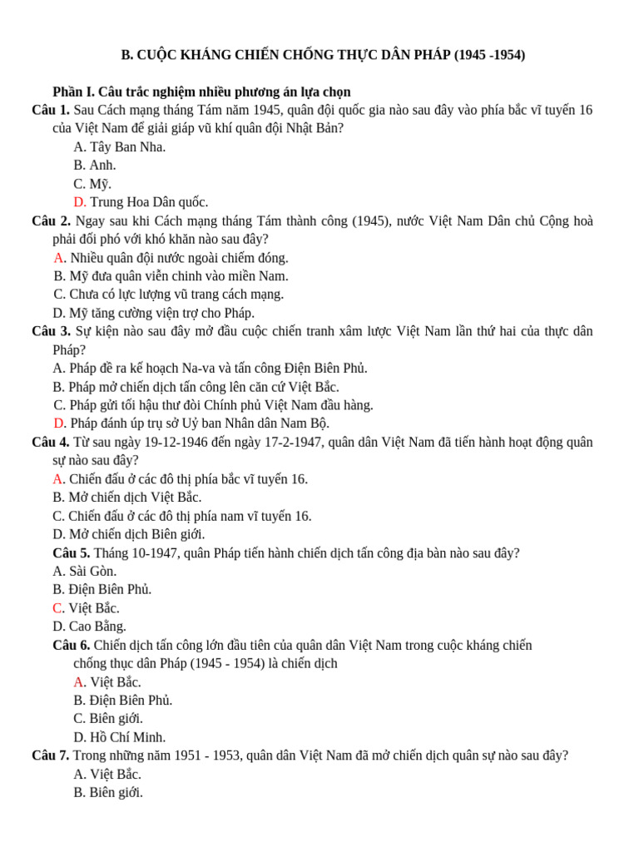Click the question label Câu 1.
click(51, 111)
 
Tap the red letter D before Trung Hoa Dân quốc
click(79, 202)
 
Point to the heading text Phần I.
click(73, 92)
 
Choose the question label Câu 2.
click(51, 221)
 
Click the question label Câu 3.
click(51, 331)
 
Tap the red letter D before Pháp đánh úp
click(59, 424)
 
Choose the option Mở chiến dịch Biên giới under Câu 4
click(129, 534)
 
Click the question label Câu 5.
click(72, 552)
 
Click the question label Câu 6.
click(72, 645)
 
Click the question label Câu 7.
click(51, 755)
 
